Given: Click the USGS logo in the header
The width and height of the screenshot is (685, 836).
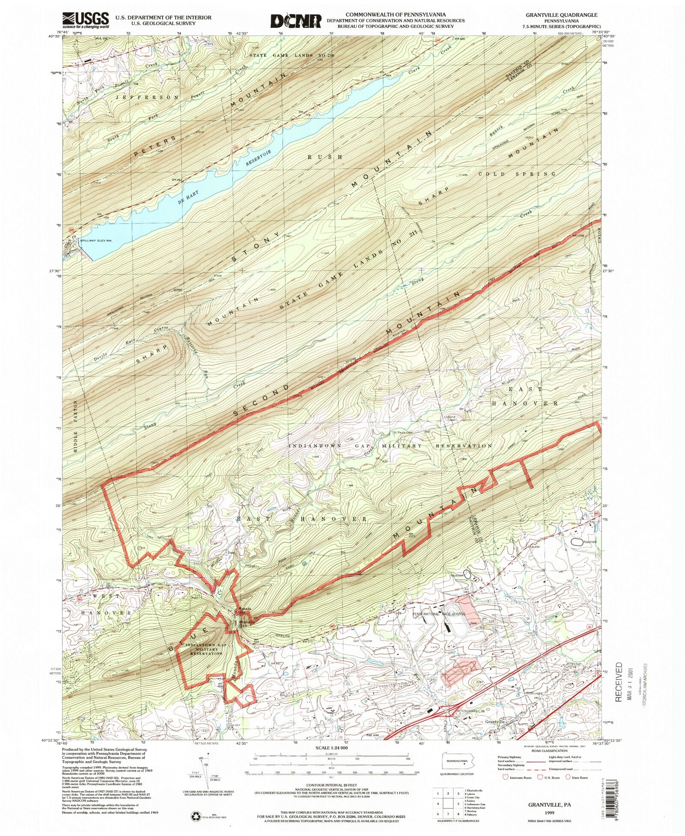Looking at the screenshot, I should pyautogui.click(x=86, y=20).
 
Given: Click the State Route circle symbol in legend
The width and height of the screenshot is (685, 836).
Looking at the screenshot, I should pyautogui.click(x=568, y=777).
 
